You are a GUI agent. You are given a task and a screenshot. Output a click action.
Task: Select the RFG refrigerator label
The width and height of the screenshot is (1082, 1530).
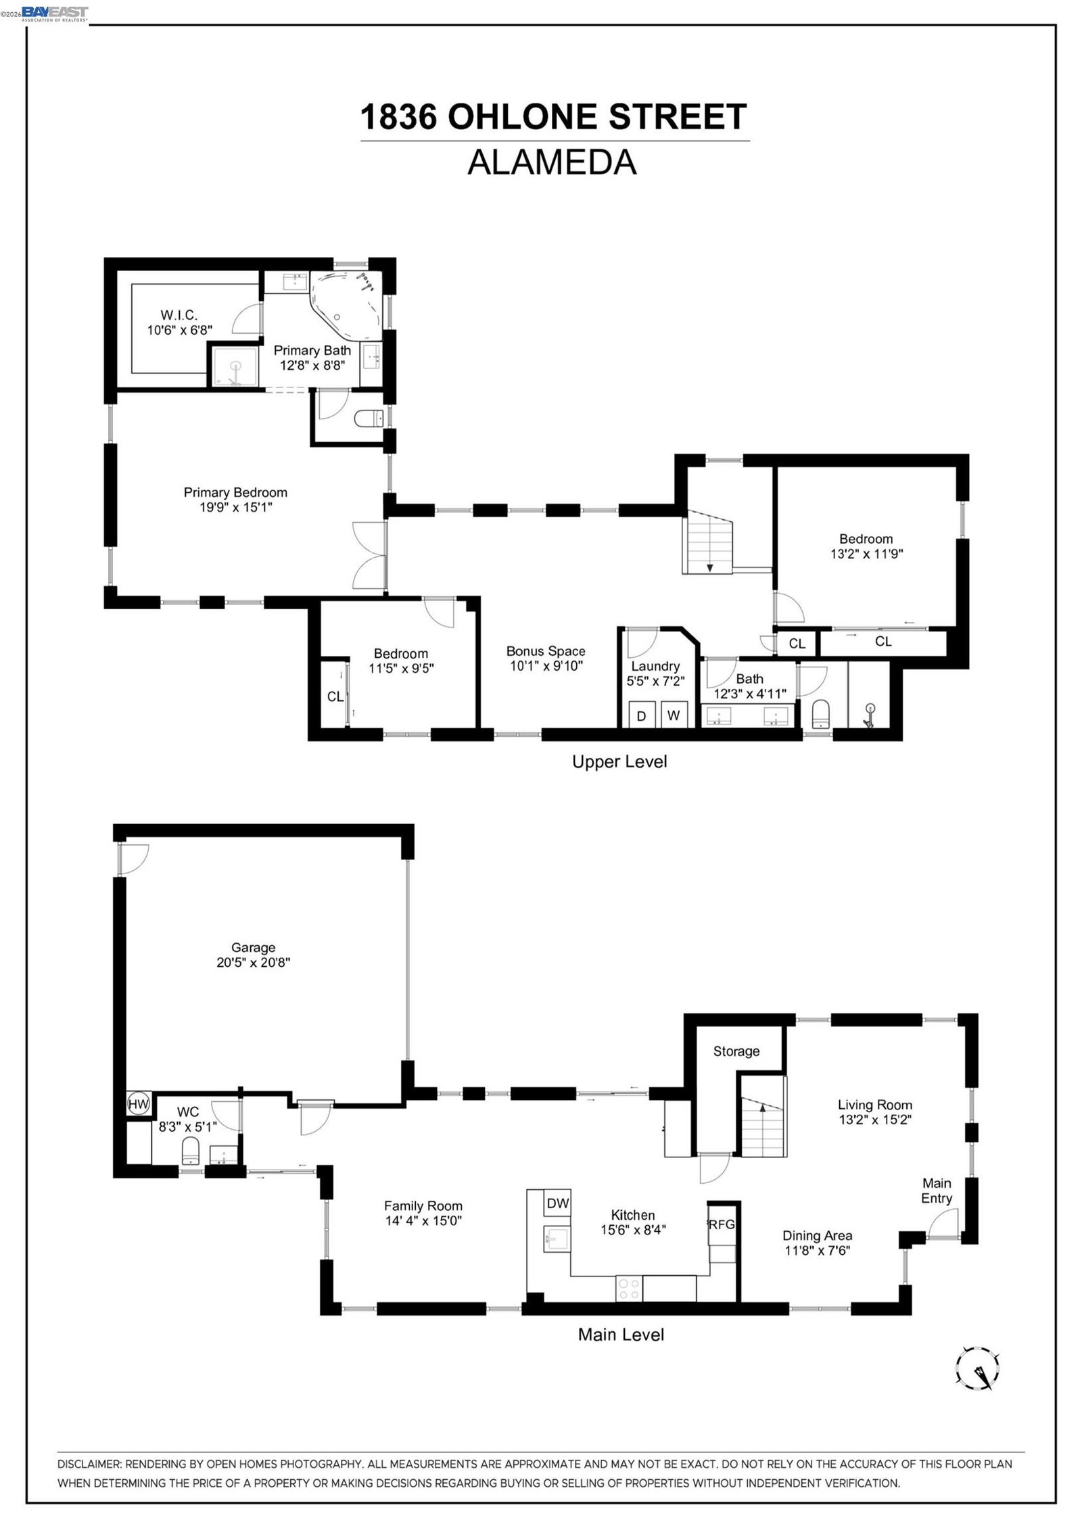coord(721,1224)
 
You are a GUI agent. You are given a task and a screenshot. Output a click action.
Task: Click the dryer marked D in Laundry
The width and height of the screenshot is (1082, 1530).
coord(642,715)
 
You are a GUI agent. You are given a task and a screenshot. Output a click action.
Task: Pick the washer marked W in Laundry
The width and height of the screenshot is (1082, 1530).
coord(674,715)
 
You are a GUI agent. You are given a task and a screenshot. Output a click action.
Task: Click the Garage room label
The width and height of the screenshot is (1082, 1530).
coord(253,947)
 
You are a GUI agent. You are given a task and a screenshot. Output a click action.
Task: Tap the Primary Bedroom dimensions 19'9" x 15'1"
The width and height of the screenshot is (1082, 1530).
coord(235,507)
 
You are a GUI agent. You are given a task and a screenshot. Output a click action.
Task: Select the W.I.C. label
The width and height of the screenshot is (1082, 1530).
coord(179,315)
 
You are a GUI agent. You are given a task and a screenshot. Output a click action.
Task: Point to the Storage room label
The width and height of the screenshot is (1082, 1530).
coord(736,1051)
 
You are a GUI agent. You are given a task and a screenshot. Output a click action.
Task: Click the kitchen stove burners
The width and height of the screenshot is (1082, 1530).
coord(629,1288)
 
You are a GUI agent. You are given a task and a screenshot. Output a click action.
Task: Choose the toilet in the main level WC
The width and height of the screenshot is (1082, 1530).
coord(191,1151)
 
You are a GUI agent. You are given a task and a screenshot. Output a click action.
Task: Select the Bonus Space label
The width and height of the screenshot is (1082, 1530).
coord(546,651)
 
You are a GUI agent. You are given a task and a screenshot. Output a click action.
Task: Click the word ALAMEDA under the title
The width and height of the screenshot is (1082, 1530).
coord(552,162)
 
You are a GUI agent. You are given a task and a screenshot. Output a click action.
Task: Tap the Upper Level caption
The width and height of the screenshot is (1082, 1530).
coord(619,761)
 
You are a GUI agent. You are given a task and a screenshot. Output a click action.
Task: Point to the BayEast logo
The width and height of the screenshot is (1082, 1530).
coord(55,13)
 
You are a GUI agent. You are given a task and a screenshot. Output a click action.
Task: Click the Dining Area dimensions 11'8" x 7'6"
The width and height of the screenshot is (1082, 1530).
coord(818,1250)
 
